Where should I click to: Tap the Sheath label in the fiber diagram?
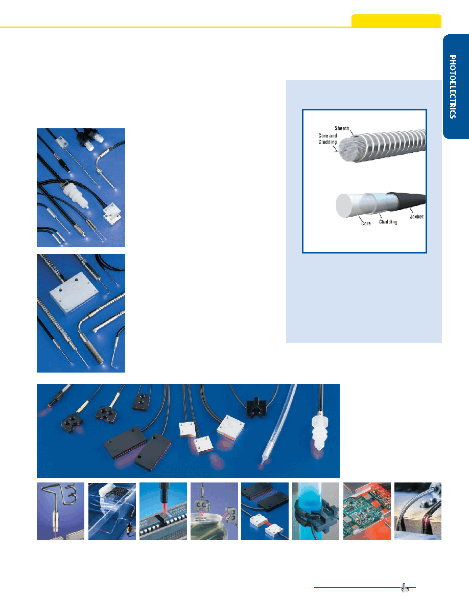pyautogui.click(x=342, y=128)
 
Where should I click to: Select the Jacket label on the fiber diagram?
pyautogui.click(x=416, y=217)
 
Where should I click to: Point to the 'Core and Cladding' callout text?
pyautogui.click(x=327, y=139)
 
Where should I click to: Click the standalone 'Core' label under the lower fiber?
pyautogui.click(x=366, y=223)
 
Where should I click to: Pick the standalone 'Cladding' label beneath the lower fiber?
pyautogui.click(x=388, y=222)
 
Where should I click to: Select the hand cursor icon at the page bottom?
pyautogui.click(x=405, y=587)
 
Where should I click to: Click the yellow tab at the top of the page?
pyautogui.click(x=396, y=20)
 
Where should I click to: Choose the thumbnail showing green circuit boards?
pyautogui.click(x=367, y=511)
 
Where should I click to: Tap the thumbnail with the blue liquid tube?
pyautogui.click(x=316, y=511)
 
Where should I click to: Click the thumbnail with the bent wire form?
pyautogui.click(x=60, y=511)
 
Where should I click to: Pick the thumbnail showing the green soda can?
pyautogui.click(x=214, y=511)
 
